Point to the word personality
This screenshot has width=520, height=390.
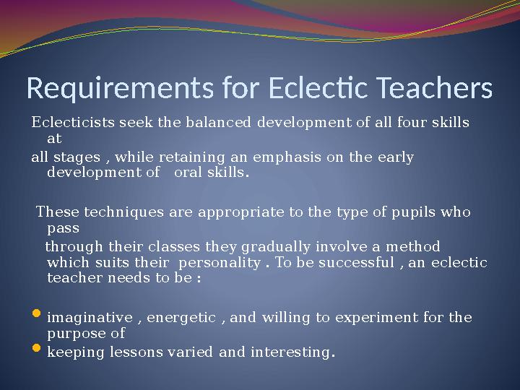220,263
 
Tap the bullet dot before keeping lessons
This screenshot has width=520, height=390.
38,350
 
